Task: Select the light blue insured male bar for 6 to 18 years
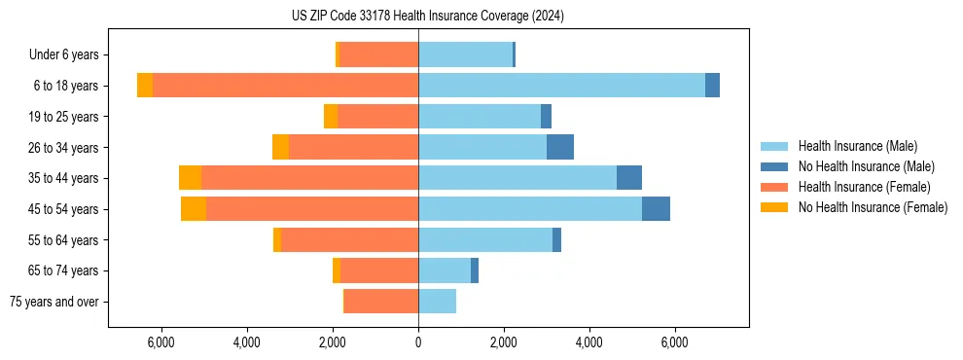(561, 86)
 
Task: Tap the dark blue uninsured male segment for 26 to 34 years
(560, 147)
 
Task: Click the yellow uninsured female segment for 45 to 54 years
(194, 209)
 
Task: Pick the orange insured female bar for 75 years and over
(381, 302)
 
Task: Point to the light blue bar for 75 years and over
(437, 302)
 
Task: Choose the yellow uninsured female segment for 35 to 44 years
(190, 178)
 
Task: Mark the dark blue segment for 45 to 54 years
(656, 209)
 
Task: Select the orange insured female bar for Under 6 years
(378, 54)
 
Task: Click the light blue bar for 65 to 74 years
(445, 270)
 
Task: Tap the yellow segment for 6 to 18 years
(145, 86)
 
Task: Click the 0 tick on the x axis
(418, 342)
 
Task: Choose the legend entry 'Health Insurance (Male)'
(857, 146)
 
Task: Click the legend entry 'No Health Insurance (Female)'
(872, 207)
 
